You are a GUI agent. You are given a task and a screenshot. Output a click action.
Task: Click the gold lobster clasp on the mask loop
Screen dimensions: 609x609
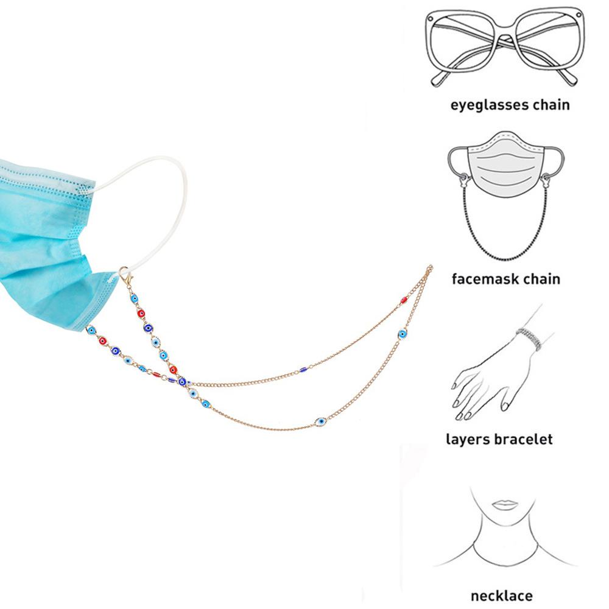(125, 278)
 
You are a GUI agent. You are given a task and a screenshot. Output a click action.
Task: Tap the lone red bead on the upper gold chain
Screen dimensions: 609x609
(403, 300)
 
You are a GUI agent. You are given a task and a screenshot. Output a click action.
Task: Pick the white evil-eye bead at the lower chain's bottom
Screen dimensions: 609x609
(320, 421)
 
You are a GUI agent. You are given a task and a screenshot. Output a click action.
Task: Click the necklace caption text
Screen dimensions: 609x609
(501, 596)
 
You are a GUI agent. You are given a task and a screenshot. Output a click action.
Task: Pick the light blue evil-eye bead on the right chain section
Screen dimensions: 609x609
(402, 334)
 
